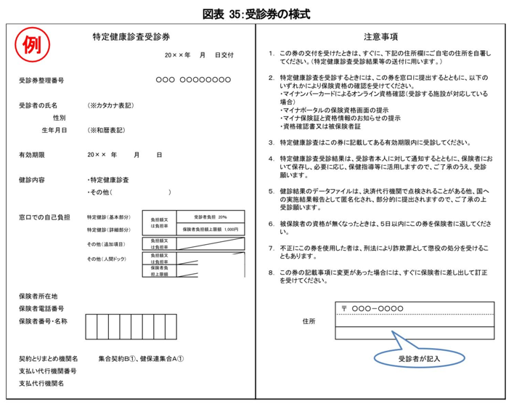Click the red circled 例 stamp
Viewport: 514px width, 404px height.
click(32, 47)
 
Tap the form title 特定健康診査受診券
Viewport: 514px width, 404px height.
click(131, 36)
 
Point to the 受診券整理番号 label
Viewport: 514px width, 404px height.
click(41, 79)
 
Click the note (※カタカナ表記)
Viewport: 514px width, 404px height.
click(110, 105)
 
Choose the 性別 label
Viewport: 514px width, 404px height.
click(60, 117)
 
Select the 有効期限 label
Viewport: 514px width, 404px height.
click(33, 155)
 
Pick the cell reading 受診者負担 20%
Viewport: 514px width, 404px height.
click(211, 217)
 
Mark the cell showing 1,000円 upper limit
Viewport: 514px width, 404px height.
click(211, 229)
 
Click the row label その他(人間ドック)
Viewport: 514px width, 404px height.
click(107, 259)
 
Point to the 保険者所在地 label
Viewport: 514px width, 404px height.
click(38, 296)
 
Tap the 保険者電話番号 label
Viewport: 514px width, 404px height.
click(41, 308)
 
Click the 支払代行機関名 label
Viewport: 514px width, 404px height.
click(41, 383)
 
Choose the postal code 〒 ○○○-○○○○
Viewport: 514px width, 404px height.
click(372, 309)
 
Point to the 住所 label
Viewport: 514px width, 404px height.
click(309, 320)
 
